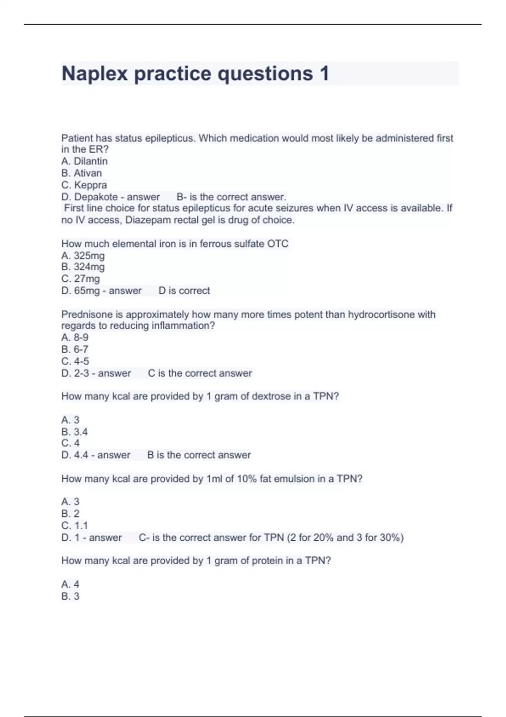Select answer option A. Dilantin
point(84,161)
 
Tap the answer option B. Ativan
point(81,173)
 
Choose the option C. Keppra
point(84,185)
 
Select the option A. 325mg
point(83,256)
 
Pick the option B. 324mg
point(83,267)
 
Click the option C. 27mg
point(81,279)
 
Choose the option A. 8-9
point(75,337)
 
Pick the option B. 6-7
point(75,349)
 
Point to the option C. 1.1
point(75,526)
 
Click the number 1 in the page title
point(324,74)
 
